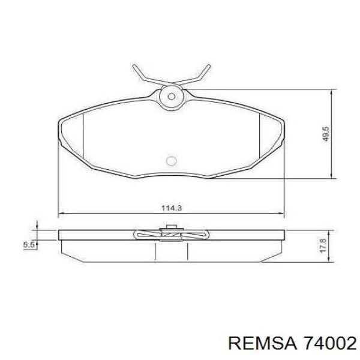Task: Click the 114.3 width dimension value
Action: [172, 208]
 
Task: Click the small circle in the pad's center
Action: [170, 161]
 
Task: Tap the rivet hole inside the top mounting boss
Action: [172, 95]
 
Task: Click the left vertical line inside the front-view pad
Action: [82, 139]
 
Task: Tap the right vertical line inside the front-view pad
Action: [259, 139]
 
